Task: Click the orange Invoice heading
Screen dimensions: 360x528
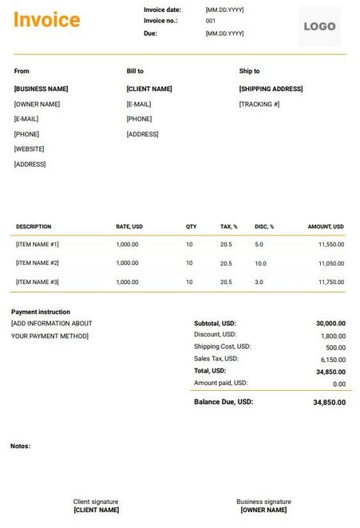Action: point(46,20)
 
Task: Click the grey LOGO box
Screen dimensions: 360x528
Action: point(319,26)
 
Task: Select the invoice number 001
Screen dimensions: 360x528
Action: point(211,21)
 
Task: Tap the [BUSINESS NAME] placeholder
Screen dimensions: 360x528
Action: point(42,89)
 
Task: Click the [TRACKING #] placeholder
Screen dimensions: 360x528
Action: point(259,104)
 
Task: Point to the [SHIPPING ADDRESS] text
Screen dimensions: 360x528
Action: point(271,89)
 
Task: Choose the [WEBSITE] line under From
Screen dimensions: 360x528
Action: point(30,149)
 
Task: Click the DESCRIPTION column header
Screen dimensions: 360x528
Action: point(34,227)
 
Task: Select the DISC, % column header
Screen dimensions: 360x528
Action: point(264,227)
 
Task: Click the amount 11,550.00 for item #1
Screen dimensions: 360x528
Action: point(330,244)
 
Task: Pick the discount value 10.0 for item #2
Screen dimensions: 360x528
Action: point(260,263)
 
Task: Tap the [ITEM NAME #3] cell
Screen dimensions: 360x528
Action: point(38,282)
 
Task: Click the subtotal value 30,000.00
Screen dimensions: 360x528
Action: point(330,324)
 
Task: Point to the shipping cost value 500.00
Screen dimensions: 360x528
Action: point(336,348)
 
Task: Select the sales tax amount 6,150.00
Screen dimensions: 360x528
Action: point(333,360)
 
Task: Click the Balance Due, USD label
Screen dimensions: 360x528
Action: point(224,402)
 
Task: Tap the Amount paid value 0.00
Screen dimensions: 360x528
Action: point(339,384)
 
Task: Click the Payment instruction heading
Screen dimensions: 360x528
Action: point(41,312)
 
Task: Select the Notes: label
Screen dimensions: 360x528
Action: point(21,446)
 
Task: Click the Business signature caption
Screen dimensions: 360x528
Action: point(263,502)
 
